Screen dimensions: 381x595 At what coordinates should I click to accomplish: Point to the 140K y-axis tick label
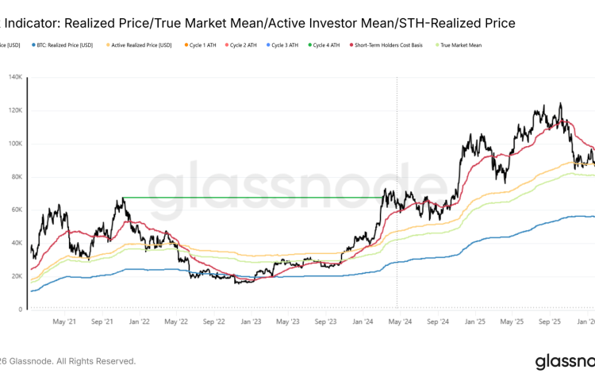click(14, 78)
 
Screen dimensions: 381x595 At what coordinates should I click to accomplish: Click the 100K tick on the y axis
click(14, 144)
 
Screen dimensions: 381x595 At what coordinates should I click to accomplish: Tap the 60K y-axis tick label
click(16, 210)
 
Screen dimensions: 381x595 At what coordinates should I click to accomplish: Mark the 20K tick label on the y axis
click(16, 276)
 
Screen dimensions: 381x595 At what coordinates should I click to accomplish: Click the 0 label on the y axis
click(20, 310)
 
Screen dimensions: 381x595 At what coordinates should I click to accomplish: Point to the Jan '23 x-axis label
click(251, 322)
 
